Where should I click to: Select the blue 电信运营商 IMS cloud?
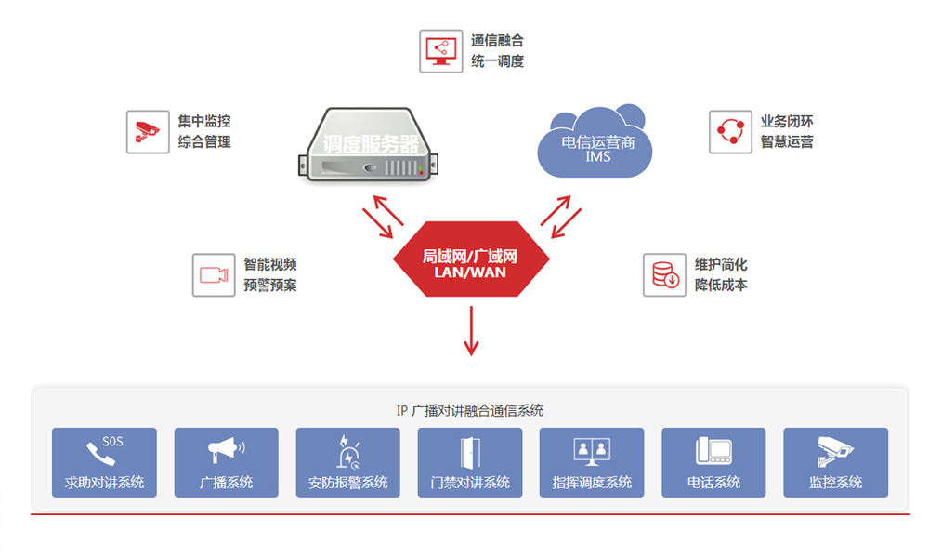pos(595,143)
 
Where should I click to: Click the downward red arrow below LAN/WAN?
pos(471,330)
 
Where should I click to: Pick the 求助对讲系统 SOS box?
pos(104,462)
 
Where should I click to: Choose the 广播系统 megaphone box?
pos(226,462)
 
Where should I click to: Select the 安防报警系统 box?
pos(347,462)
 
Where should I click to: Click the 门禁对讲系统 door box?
pos(470,462)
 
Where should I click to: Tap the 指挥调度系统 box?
pos(592,462)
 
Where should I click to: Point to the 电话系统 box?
pos(713,462)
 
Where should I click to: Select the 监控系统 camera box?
pos(835,462)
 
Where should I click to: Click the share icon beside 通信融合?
pos(440,51)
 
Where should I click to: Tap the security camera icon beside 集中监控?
pos(148,132)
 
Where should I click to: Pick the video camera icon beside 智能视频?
pos(214,275)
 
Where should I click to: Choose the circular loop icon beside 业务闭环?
pos(730,132)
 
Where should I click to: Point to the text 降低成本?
pos(721,286)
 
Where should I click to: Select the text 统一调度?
pos(497,62)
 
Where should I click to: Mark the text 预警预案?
pos(270,286)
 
